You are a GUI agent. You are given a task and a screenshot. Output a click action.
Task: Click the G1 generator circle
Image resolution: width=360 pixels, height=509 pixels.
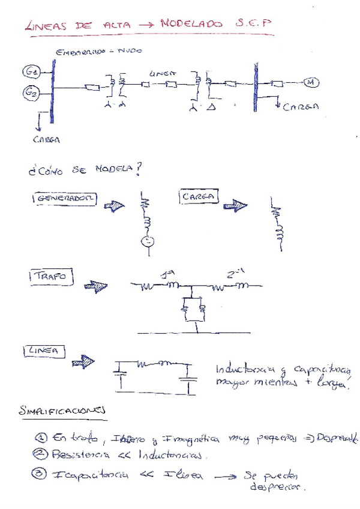pyautogui.click(x=31, y=73)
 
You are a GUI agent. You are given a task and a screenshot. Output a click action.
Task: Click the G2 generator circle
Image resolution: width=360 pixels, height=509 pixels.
pyautogui.click(x=31, y=92)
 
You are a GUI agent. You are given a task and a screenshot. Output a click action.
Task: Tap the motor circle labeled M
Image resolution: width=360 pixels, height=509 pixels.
pyautogui.click(x=311, y=82)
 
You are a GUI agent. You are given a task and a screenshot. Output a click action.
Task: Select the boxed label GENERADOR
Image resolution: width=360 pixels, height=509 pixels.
pyautogui.click(x=63, y=199)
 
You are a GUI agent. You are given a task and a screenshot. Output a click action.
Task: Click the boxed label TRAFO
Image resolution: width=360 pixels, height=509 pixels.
pyautogui.click(x=50, y=277)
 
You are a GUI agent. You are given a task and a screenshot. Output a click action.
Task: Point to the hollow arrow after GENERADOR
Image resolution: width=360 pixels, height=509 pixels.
pyautogui.click(x=113, y=205)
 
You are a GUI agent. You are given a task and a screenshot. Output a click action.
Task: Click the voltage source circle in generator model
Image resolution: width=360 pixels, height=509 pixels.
pyautogui.click(x=146, y=242)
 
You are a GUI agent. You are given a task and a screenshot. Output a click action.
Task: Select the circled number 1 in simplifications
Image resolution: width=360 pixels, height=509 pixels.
pyautogui.click(x=40, y=439)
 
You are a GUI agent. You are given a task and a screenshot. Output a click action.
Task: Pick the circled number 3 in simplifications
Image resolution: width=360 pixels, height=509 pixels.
pyautogui.click(x=40, y=475)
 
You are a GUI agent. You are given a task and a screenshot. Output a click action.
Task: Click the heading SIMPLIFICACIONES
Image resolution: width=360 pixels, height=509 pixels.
pyautogui.click(x=62, y=411)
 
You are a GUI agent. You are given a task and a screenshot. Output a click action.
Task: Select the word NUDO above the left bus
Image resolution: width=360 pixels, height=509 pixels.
pyautogui.click(x=130, y=52)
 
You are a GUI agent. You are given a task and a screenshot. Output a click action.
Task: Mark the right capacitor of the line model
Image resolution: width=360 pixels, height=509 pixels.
pyautogui.click(x=190, y=379)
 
